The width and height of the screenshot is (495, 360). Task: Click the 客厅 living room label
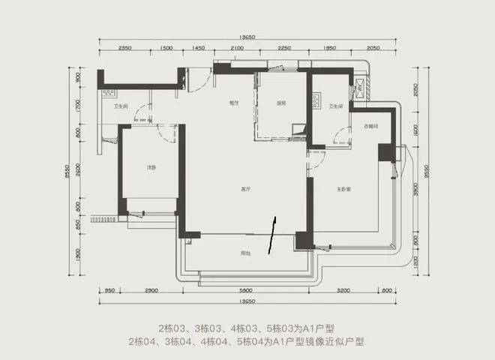coord(244,187)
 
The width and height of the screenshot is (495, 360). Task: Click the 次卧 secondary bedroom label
coord(151,166)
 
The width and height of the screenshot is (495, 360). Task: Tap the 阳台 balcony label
coord(245,252)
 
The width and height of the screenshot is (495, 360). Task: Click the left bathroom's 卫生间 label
coord(121,106)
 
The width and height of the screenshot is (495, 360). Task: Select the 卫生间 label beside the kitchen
coord(335,106)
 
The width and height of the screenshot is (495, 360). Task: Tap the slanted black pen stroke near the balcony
coord(272,234)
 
